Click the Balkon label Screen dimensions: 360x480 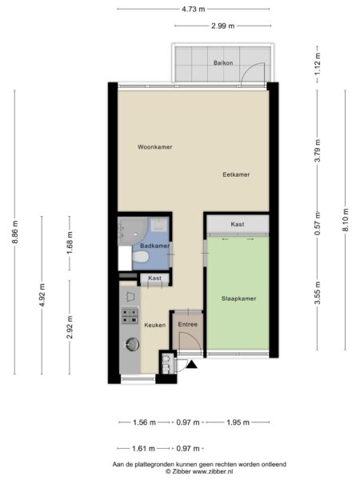[223, 62]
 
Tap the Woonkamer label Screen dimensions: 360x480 [155, 147]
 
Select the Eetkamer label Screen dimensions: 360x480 [236, 174]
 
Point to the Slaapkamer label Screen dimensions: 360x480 [238, 298]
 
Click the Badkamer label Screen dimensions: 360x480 [155, 246]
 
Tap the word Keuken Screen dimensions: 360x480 [155, 325]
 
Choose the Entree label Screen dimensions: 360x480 [188, 324]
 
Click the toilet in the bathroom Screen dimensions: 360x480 [141, 257]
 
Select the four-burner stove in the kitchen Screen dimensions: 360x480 [130, 316]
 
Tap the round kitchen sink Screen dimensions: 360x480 [132, 344]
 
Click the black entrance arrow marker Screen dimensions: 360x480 [192, 364]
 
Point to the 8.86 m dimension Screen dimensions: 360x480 [14, 232]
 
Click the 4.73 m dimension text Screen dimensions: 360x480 [194, 9]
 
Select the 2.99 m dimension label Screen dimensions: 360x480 [223, 26]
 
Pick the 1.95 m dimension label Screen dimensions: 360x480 [238, 422]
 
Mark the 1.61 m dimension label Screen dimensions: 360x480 [143, 449]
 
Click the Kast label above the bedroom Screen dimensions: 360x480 [238, 224]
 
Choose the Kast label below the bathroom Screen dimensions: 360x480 [154, 278]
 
